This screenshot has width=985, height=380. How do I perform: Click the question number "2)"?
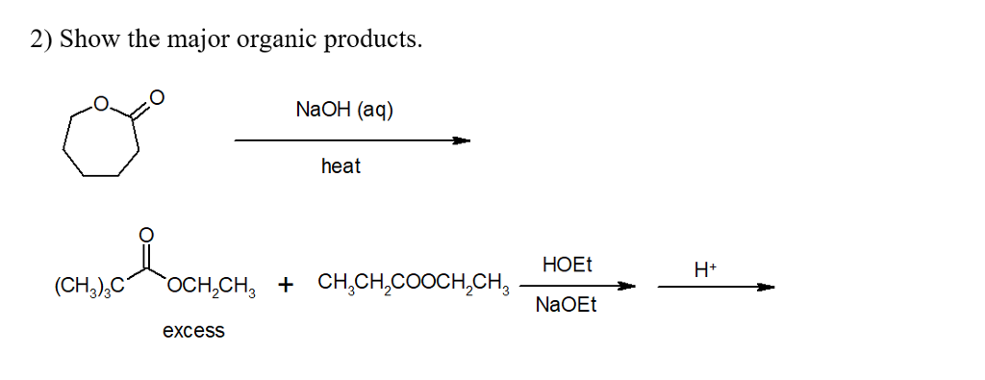(41, 41)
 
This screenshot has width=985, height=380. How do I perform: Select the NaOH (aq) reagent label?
(344, 110)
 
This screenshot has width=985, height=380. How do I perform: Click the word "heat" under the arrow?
(341, 166)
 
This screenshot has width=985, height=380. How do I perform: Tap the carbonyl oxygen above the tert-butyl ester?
(146, 234)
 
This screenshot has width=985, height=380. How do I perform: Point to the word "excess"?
(193, 331)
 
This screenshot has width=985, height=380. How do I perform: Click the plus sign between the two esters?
(286, 285)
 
